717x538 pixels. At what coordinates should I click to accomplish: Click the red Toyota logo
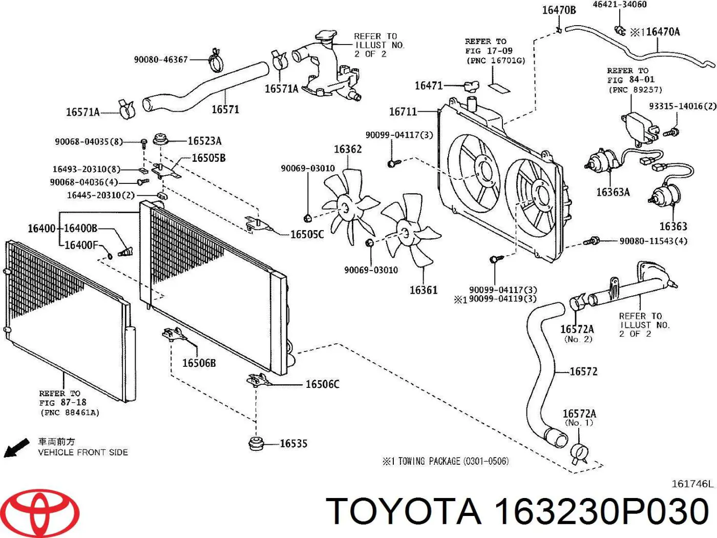pyautogui.click(x=39, y=513)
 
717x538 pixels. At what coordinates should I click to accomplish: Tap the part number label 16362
pyautogui.click(x=348, y=149)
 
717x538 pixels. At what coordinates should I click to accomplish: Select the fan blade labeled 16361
pyautogui.click(x=410, y=233)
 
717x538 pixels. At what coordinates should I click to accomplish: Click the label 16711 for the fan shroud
pyautogui.click(x=403, y=111)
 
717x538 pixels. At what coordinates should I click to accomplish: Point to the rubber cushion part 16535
pyautogui.click(x=256, y=443)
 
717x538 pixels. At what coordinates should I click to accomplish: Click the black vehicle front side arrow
pyautogui.click(x=16, y=447)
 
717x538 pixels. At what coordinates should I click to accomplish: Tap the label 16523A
pyautogui.click(x=204, y=141)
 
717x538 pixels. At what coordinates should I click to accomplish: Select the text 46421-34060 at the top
pyautogui.click(x=619, y=5)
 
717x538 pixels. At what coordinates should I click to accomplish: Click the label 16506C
pyautogui.click(x=322, y=384)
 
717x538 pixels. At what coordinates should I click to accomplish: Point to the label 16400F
pyautogui.click(x=80, y=245)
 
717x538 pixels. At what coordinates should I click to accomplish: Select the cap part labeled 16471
pyautogui.click(x=471, y=86)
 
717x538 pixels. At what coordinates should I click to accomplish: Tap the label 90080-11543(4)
pyautogui.click(x=653, y=241)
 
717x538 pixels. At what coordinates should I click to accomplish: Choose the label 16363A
pyautogui.click(x=613, y=192)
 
